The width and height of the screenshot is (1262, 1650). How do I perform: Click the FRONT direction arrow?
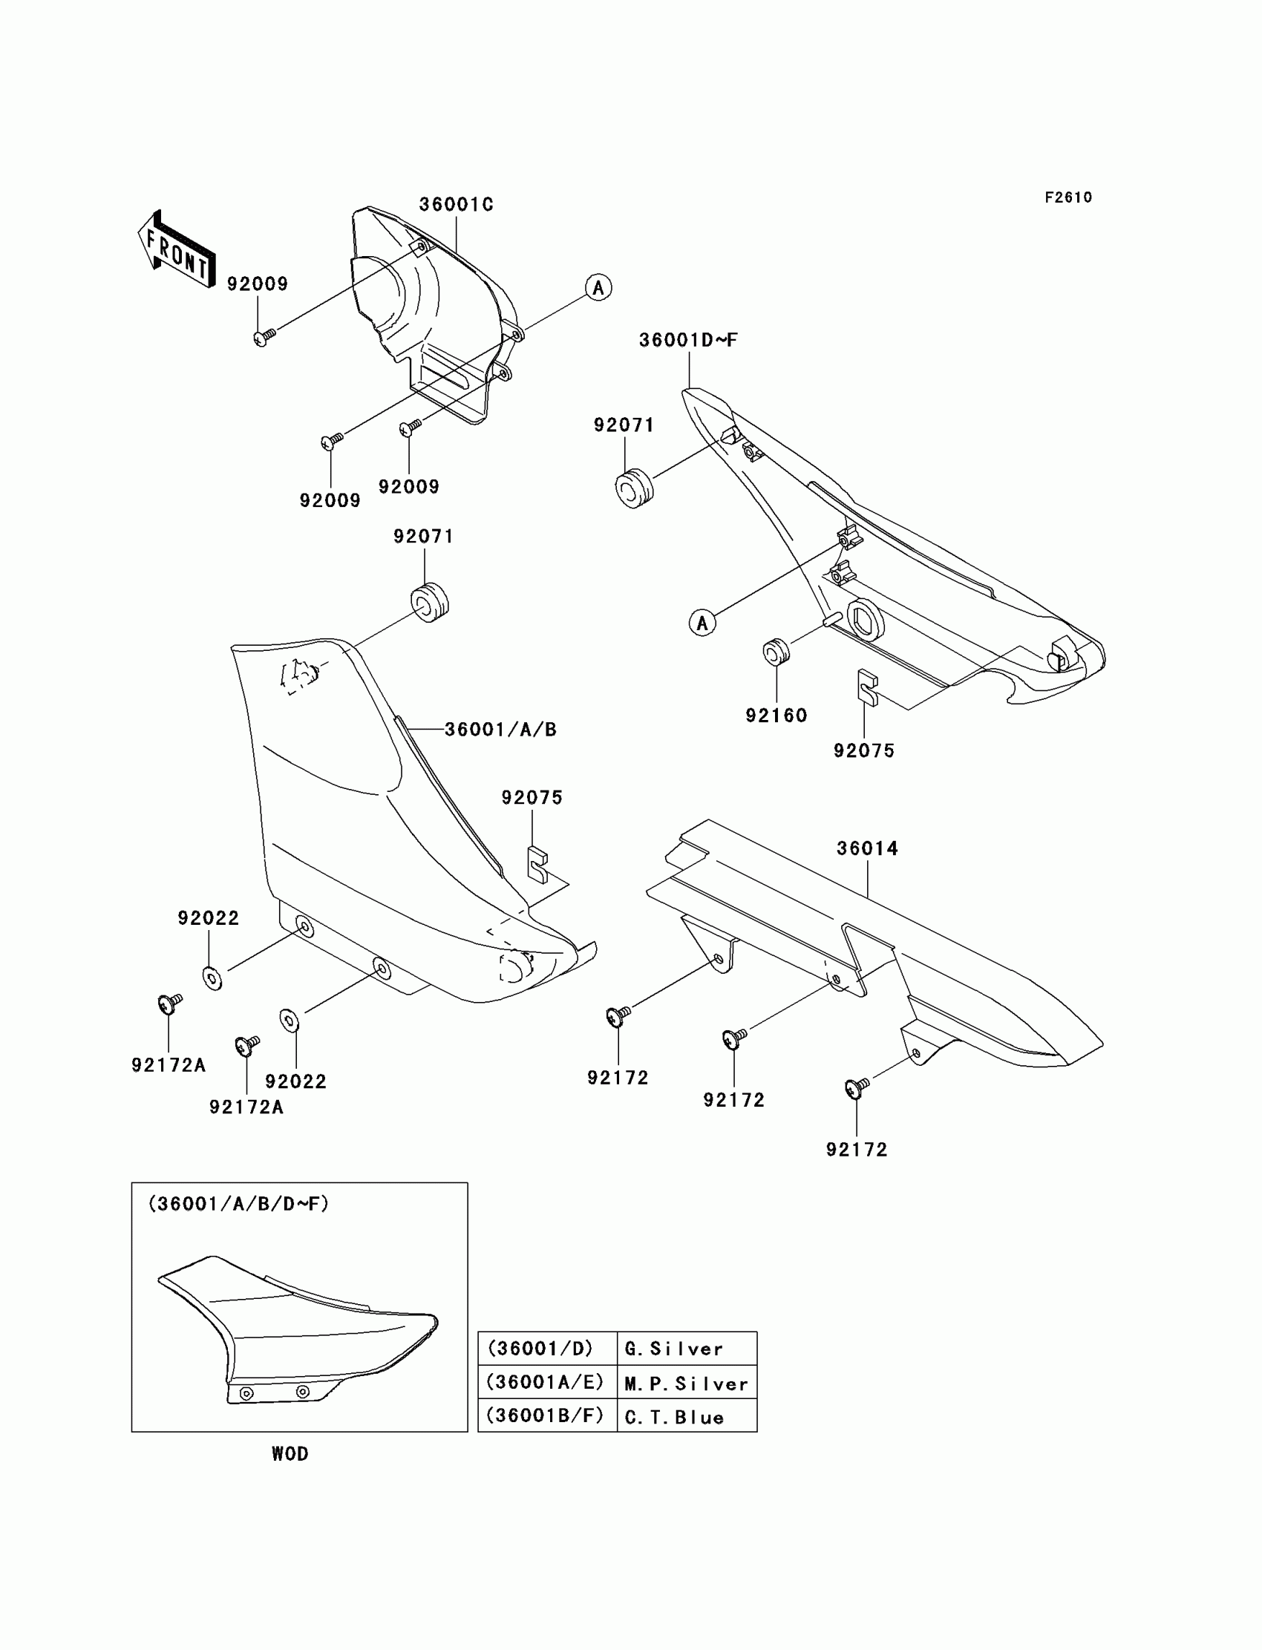point(177,249)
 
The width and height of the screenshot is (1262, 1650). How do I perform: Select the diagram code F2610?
point(1068,197)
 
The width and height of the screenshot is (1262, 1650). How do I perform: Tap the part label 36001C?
point(456,205)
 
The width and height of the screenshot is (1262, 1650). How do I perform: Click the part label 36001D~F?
point(688,340)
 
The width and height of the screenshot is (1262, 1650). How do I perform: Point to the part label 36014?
point(868,848)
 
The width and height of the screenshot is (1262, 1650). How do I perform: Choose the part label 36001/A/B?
point(500,729)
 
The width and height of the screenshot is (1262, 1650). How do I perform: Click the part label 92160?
point(776,716)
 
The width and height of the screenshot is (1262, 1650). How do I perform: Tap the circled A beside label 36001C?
point(598,288)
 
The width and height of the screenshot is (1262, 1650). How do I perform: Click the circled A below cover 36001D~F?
point(702,623)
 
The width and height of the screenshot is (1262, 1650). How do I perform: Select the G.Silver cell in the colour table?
point(687,1349)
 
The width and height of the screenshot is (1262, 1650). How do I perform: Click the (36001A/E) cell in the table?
point(546,1383)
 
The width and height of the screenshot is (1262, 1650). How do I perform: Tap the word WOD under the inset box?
point(290,1454)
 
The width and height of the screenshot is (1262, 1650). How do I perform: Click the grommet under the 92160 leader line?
point(776,651)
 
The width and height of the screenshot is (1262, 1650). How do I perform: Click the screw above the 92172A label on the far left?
point(169,1004)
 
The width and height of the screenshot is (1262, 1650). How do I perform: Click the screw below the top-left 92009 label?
point(263,337)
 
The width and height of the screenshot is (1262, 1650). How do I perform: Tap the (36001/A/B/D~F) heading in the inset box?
point(239,1204)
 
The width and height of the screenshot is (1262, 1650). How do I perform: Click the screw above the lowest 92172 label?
point(857,1087)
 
